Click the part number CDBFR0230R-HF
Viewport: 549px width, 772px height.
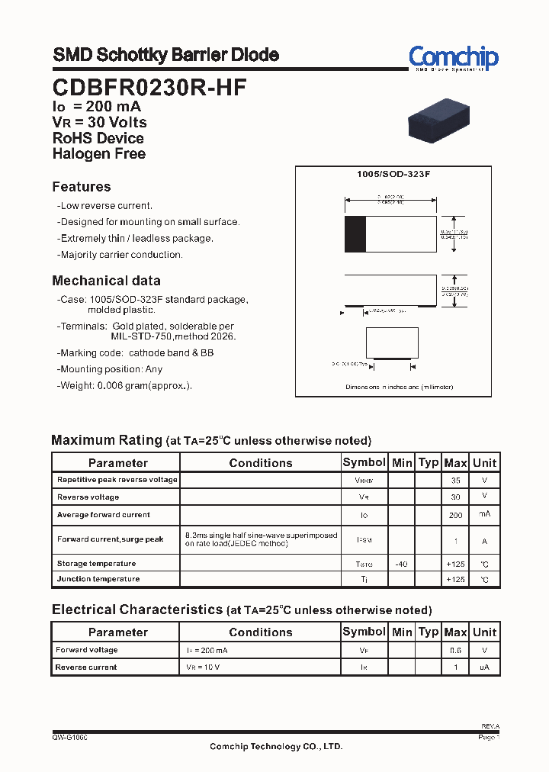point(149,87)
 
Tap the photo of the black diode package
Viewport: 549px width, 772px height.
point(438,121)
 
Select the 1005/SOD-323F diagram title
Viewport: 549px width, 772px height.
point(393,174)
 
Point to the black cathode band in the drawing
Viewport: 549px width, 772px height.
point(355,234)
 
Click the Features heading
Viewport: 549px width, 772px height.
point(82,187)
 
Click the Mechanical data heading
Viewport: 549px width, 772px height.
point(106,280)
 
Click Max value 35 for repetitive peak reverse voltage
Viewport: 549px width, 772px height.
point(455,481)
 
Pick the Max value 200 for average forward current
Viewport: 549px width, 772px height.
point(455,516)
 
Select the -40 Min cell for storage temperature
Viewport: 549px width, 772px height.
point(401,564)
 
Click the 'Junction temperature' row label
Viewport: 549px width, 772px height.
point(98,579)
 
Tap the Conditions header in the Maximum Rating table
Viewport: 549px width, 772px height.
point(261,462)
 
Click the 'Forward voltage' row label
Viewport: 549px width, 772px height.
point(87,650)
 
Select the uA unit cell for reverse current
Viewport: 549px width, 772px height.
point(484,667)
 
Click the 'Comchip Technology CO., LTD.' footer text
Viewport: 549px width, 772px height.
point(276,746)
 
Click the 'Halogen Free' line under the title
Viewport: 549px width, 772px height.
point(98,153)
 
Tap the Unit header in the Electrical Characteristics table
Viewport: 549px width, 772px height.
point(484,632)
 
